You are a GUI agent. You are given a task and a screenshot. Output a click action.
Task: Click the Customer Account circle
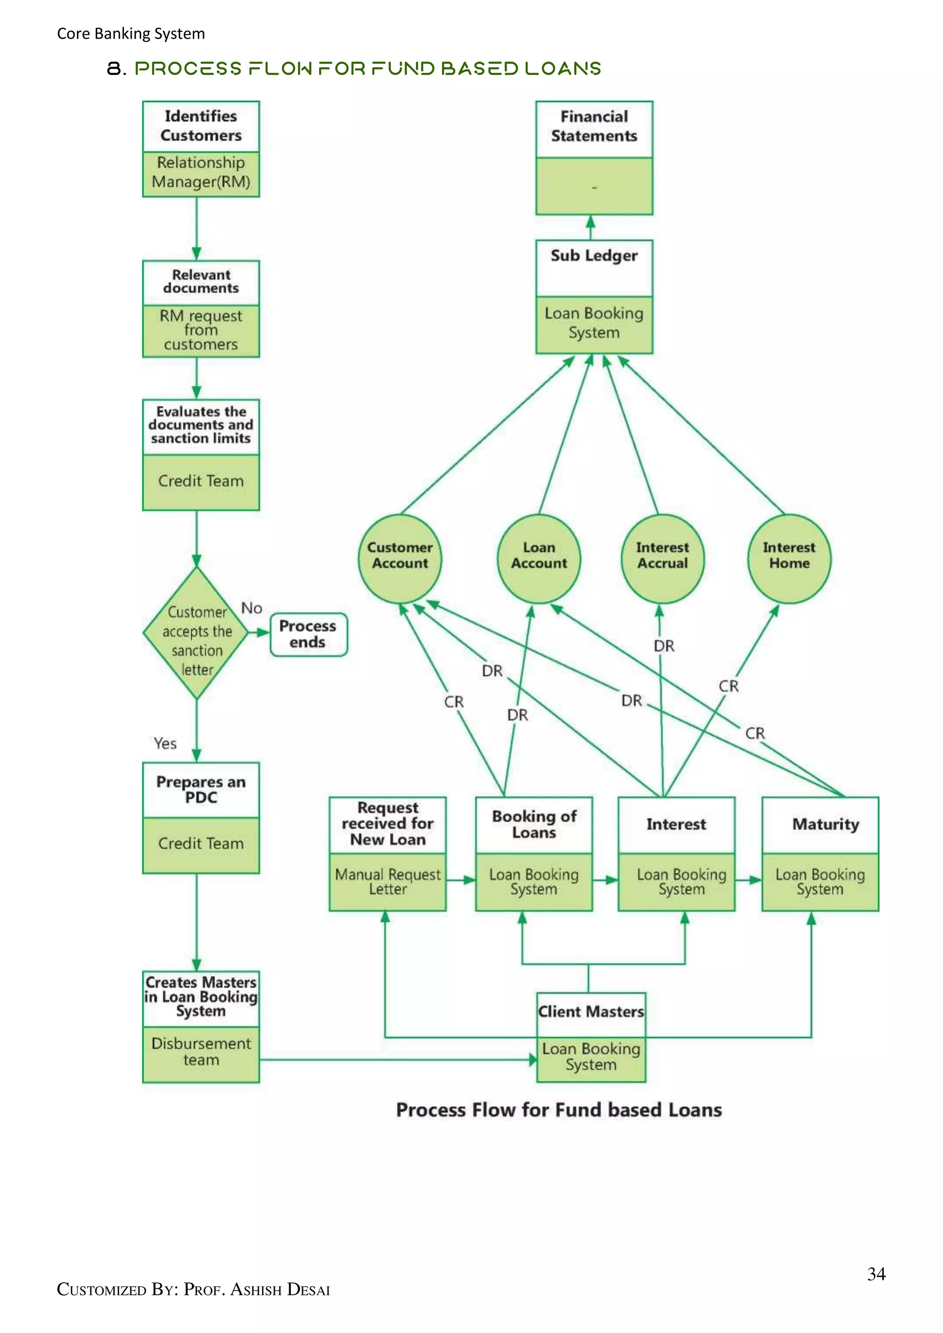click(400, 558)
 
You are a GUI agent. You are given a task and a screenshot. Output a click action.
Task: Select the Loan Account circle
click(538, 558)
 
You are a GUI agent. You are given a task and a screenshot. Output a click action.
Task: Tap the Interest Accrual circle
click(662, 558)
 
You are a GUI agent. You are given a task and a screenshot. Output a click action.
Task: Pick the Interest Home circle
click(789, 558)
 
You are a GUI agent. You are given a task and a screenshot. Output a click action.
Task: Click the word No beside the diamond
click(251, 608)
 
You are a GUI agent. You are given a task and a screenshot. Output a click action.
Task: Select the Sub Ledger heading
click(594, 256)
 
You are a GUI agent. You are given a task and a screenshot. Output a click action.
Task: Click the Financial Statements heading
click(594, 126)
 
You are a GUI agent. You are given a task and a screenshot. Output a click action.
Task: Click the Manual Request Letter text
click(387, 881)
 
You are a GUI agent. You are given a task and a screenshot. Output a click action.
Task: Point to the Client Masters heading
click(591, 1012)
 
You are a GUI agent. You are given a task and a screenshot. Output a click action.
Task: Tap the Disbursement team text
click(201, 1051)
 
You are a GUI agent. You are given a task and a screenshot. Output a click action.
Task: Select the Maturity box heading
click(825, 824)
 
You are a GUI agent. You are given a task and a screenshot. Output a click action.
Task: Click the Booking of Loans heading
click(534, 824)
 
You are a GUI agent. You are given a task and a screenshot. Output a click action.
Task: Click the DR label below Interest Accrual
click(664, 646)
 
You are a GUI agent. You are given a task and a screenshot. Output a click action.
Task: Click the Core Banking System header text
click(131, 34)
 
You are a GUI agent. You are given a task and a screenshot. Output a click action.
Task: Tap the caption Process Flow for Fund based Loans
click(559, 1110)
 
